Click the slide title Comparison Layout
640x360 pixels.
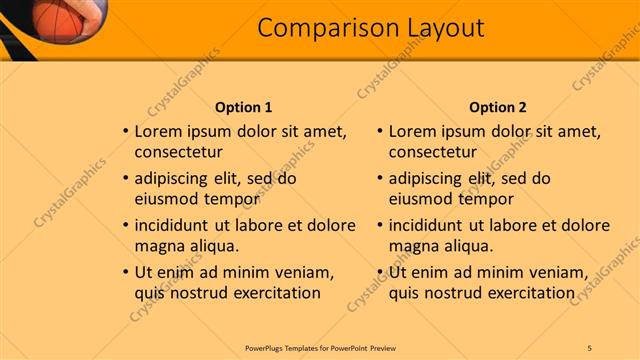pyautogui.click(x=371, y=28)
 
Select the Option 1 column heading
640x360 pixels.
pyautogui.click(x=243, y=107)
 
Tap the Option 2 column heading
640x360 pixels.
pyautogui.click(x=497, y=107)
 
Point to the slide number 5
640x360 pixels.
pyautogui.click(x=590, y=347)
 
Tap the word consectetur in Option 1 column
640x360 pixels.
pyautogui.click(x=178, y=152)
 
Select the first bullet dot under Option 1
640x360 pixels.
pyautogui.click(x=124, y=132)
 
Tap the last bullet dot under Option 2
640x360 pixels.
pyautogui.click(x=378, y=273)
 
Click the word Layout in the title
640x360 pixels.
pyautogui.click(x=440, y=28)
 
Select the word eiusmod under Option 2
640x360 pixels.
pyautogui.click(x=421, y=199)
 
